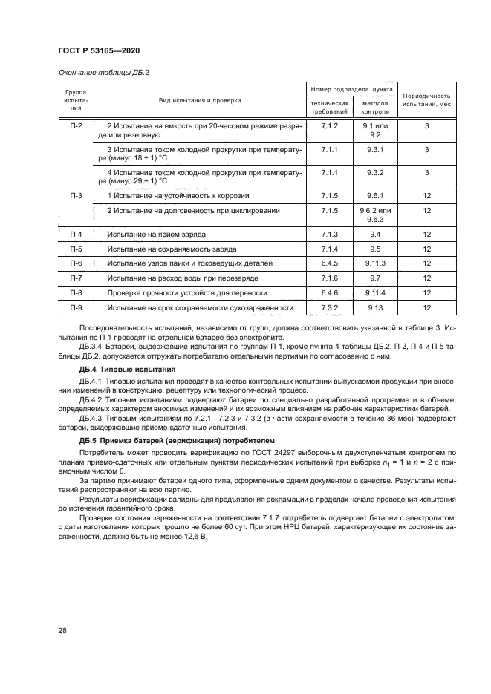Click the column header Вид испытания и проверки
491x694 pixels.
coord(199,100)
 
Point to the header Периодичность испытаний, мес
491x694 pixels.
coord(426,100)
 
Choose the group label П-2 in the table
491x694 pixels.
coord(76,127)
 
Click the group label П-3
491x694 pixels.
coord(76,195)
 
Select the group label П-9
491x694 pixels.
coord(76,307)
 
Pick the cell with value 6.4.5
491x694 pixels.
coord(329,263)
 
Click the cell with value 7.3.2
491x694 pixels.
coord(329,307)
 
